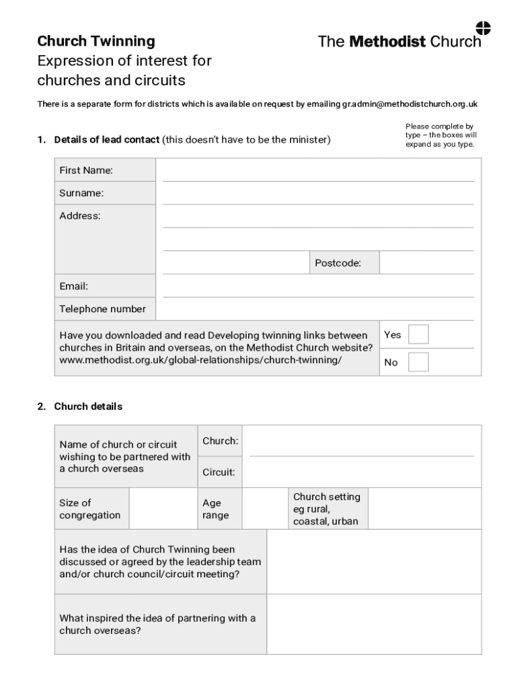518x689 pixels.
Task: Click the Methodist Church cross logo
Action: coord(483,28)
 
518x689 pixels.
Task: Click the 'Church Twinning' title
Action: coord(96,41)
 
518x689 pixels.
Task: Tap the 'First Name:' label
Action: coord(86,170)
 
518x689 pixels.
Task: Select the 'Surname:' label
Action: coord(81,193)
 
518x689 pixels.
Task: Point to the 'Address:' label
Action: coord(79,216)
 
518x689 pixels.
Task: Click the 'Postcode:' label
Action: coord(338,263)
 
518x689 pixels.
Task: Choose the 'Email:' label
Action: coord(73,286)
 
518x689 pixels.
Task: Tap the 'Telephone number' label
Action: coord(102,309)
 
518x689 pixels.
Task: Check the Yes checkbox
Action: coord(418,334)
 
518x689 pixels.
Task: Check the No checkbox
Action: coord(418,362)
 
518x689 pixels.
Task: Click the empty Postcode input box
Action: coord(427,262)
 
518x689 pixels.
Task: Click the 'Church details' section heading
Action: coord(88,406)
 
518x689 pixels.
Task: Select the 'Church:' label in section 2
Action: coord(220,441)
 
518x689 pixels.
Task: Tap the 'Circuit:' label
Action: coord(219,472)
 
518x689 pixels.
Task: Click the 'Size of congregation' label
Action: coord(90,509)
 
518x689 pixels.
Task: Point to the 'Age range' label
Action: coord(216,509)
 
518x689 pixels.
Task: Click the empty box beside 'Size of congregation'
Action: coord(163,509)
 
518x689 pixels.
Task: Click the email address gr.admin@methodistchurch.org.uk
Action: coord(410,104)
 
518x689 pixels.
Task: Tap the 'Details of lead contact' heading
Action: coord(107,140)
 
